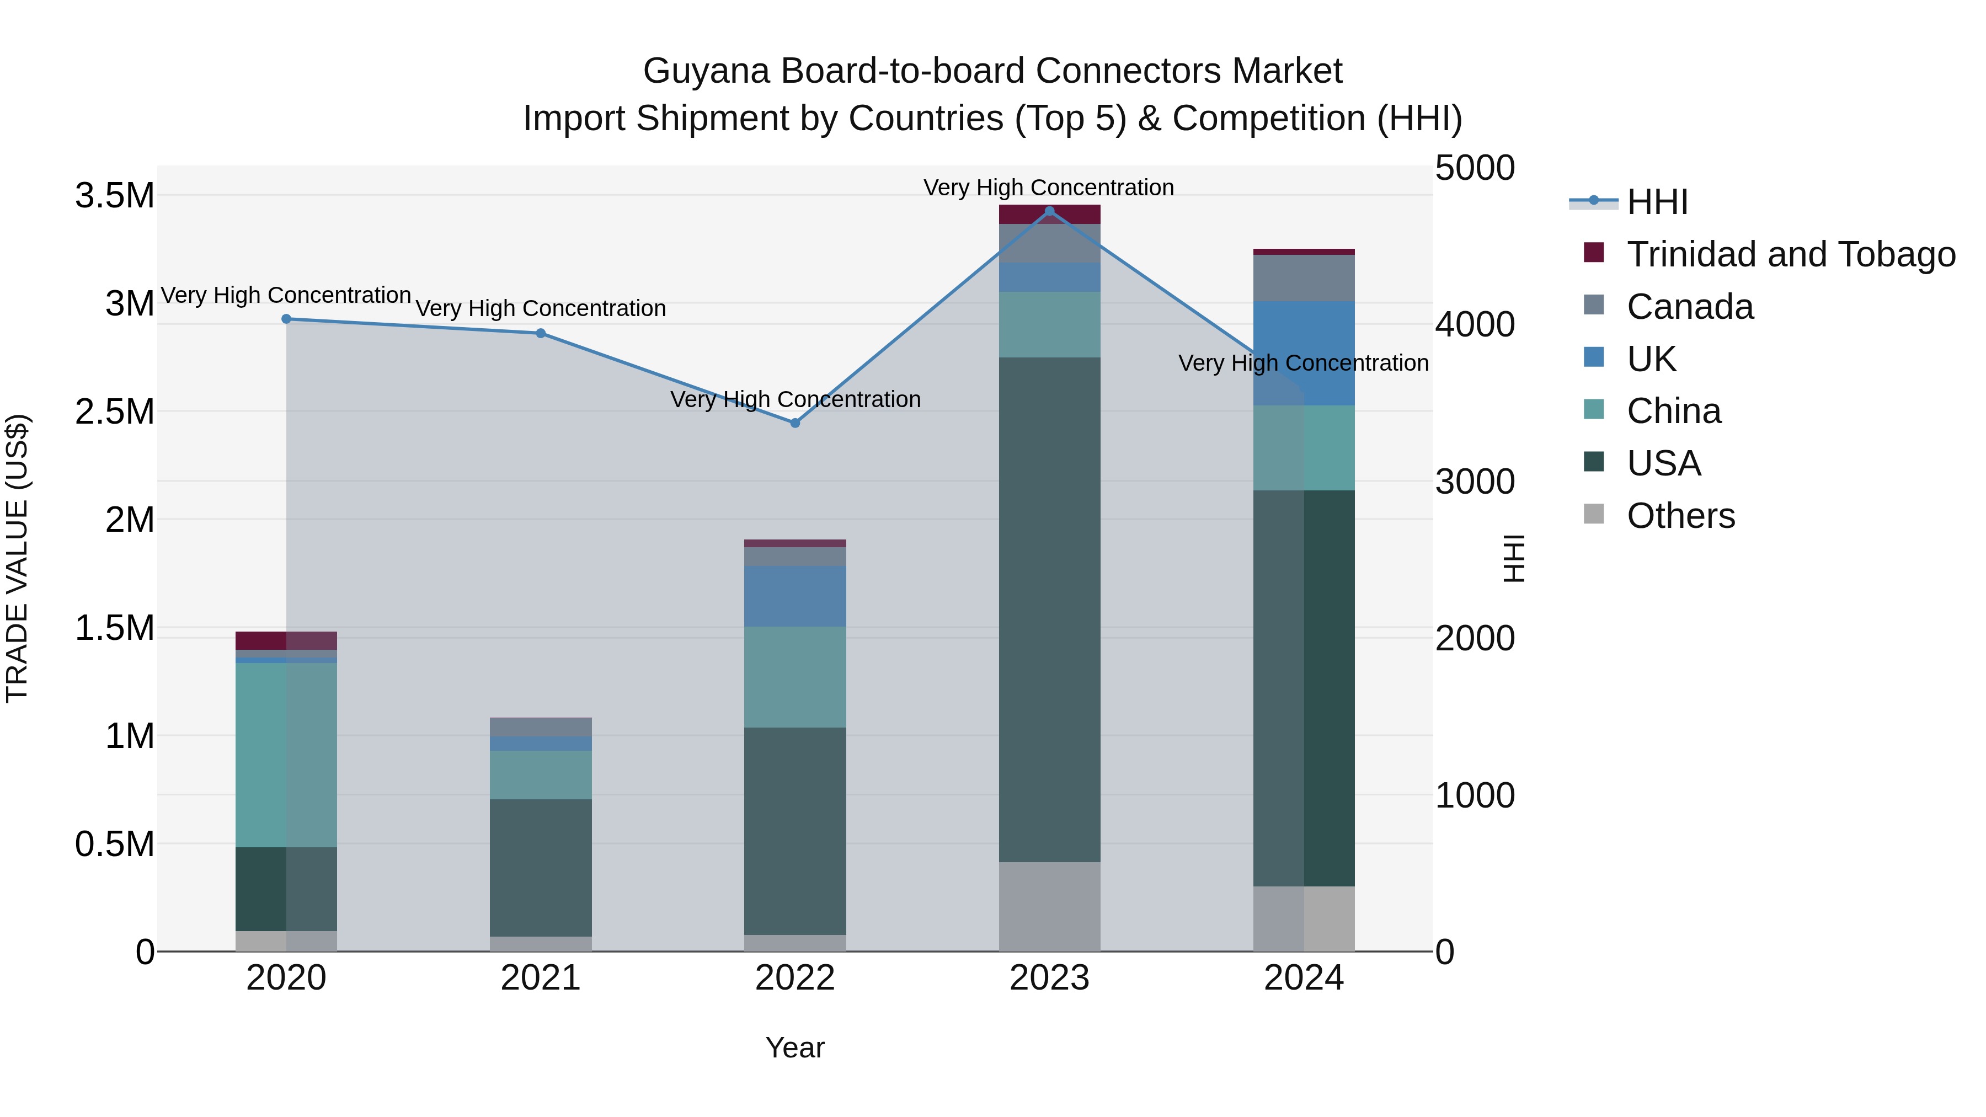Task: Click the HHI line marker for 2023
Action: point(1049,211)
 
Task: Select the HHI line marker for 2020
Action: point(286,318)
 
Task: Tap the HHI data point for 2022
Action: point(796,423)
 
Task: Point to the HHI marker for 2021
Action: point(541,333)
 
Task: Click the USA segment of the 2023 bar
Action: point(1049,609)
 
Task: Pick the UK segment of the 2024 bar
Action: point(1304,353)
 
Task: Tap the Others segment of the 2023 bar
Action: point(1049,906)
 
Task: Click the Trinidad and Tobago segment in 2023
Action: point(1049,215)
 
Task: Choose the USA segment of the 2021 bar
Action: point(541,867)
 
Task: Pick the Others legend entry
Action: point(1681,516)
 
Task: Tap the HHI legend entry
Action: point(1658,202)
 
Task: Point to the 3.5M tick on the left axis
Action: point(115,196)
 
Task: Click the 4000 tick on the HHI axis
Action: point(1475,324)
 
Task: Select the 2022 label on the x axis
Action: point(795,978)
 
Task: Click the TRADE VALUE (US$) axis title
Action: point(18,558)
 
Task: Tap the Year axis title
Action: point(795,1047)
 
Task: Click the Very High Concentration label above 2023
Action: point(1049,188)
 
